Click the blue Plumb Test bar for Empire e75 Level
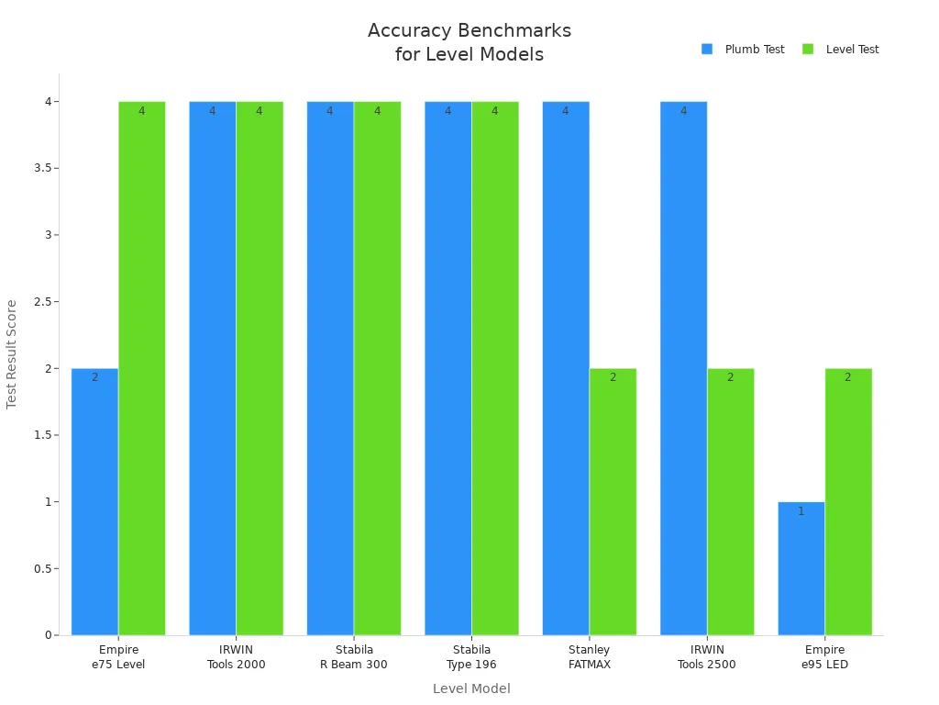click(94, 501)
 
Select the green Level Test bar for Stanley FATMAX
click(613, 501)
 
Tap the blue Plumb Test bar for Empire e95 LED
click(801, 568)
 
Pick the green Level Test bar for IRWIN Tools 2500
click(730, 501)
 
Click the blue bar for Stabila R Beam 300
click(330, 367)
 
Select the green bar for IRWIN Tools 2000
click(260, 367)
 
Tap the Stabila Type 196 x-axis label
click(471, 657)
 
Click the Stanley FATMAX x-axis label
click(589, 657)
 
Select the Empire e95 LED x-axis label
click(824, 657)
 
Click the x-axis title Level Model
click(471, 688)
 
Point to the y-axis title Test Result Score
click(12, 354)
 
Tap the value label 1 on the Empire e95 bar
click(801, 511)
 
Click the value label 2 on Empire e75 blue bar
click(94, 377)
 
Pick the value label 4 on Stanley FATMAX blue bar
click(565, 111)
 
